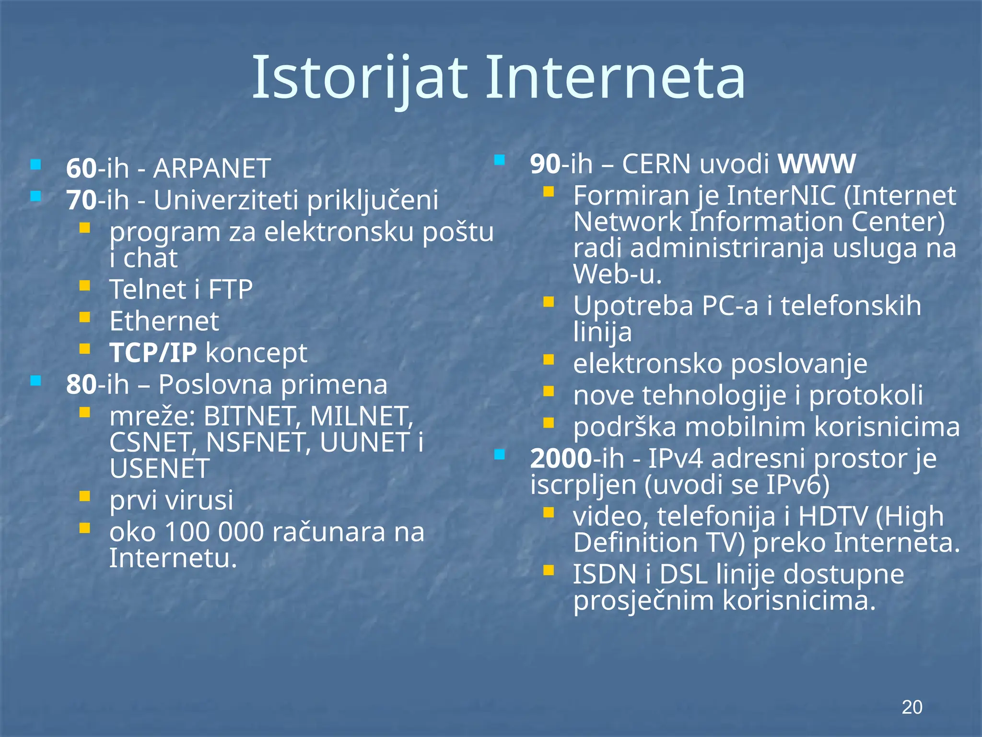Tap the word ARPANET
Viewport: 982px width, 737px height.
click(x=211, y=168)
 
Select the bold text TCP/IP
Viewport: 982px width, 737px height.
click(x=153, y=353)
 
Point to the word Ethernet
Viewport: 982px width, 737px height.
click(x=164, y=321)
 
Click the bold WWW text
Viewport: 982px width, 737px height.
click(x=816, y=164)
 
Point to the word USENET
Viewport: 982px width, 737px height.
click(x=159, y=469)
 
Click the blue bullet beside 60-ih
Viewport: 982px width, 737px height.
click(x=35, y=165)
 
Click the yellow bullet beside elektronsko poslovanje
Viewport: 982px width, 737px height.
click(x=549, y=360)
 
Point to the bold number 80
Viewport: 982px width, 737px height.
click(x=82, y=385)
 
